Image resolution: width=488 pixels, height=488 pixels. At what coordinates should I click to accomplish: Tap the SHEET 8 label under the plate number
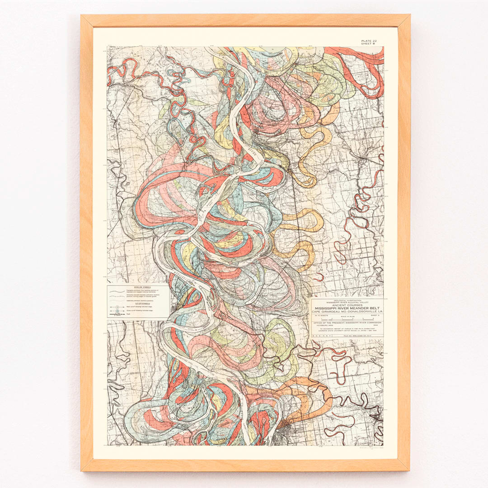(x=369, y=44)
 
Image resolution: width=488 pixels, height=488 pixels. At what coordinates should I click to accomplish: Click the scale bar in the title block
(x=347, y=319)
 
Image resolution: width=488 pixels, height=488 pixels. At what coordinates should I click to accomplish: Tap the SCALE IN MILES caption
(x=347, y=317)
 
